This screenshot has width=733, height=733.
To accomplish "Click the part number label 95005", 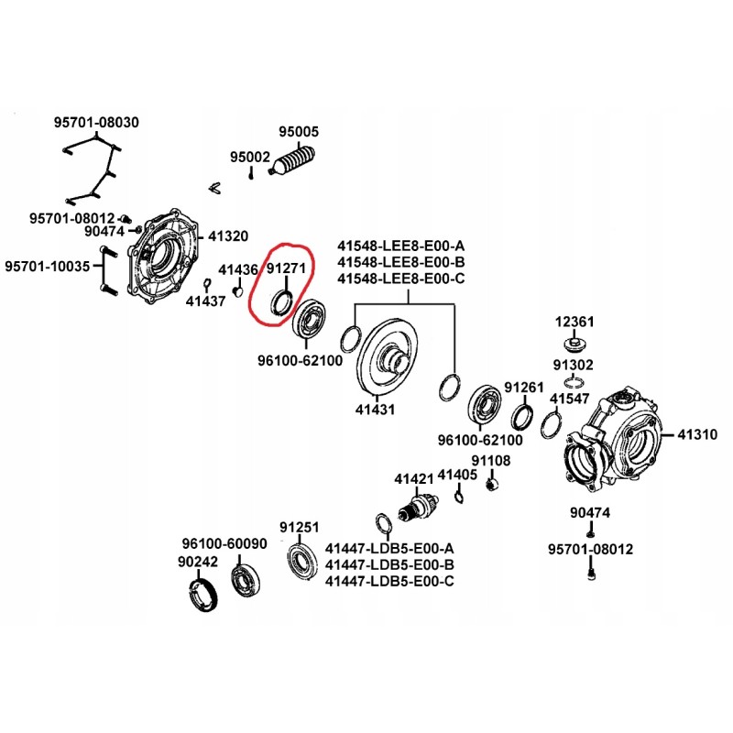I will (x=299, y=132).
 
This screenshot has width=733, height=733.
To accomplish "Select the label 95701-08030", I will (x=96, y=121).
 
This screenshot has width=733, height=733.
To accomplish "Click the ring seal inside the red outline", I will (x=282, y=301).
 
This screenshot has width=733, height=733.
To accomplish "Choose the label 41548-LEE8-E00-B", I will (x=400, y=263).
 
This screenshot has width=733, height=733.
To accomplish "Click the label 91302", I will (x=573, y=365).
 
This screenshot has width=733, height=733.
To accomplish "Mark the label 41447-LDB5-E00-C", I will (x=390, y=581).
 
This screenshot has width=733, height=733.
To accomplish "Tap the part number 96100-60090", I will (x=224, y=543).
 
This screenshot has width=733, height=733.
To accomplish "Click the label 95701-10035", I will (x=48, y=267).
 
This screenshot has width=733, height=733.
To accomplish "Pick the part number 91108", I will (x=491, y=460).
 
